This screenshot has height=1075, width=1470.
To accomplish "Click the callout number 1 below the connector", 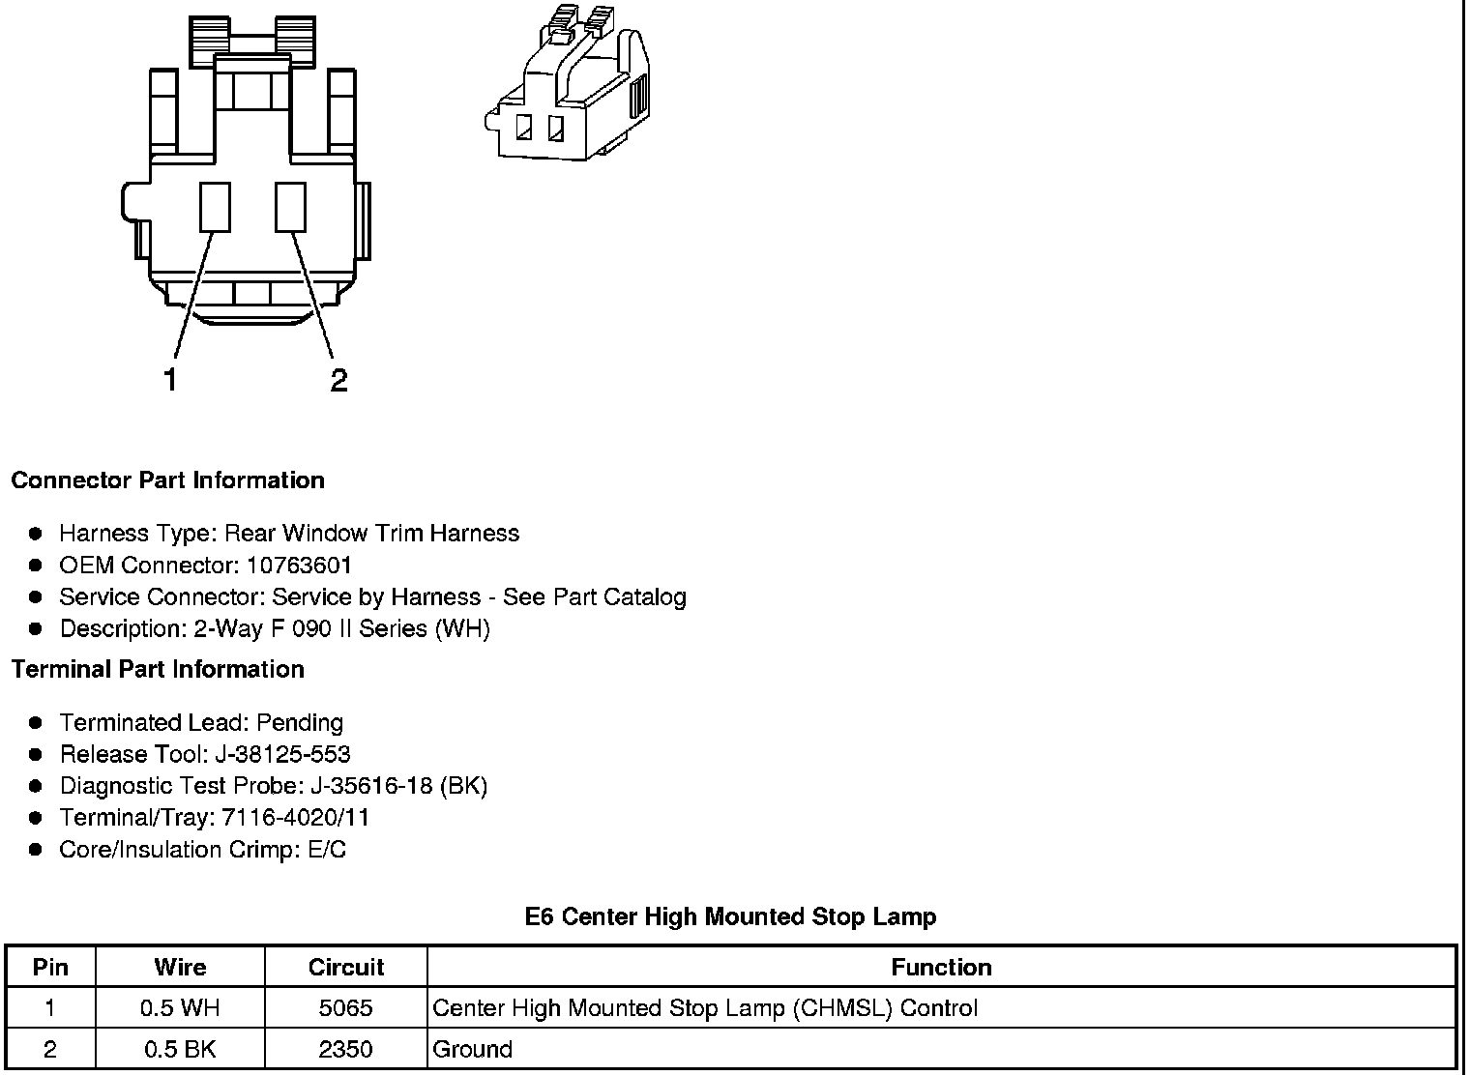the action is (170, 380).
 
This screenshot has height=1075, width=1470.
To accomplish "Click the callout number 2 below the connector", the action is (338, 380).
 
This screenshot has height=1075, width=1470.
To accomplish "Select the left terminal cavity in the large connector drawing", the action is (215, 207).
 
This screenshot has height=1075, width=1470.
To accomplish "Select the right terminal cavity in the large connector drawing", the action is (290, 207).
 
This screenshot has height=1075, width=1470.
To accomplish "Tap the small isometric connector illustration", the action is (566, 87).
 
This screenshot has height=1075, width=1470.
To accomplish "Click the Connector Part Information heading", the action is (167, 480).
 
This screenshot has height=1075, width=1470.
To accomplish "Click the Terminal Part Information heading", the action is (158, 669).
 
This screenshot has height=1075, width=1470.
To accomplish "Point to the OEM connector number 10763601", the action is (299, 565).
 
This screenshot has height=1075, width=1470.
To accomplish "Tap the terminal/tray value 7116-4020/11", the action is (295, 818).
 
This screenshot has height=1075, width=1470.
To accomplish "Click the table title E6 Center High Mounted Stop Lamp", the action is (730, 916).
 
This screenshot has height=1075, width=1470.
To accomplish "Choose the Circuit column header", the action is (345, 967).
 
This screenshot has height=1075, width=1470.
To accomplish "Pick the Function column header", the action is (941, 967).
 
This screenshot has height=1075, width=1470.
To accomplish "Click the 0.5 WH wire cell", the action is (180, 1008).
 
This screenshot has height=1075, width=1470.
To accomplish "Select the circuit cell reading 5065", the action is (345, 1008).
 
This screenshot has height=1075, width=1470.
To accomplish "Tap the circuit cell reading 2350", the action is (345, 1049).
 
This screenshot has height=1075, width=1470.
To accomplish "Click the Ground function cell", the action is (473, 1049).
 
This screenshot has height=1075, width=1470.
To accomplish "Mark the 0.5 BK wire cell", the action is (180, 1049).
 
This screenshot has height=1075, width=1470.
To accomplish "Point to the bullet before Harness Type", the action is (36, 534).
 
